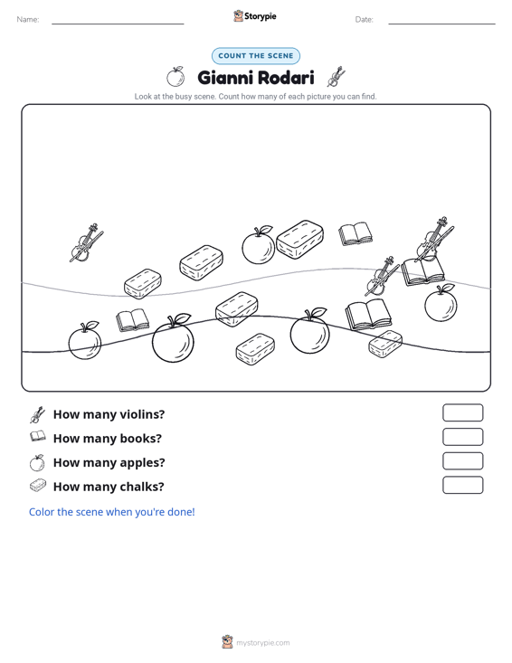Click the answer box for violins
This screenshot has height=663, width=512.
coord(462,412)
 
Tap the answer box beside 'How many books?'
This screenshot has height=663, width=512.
coord(462,437)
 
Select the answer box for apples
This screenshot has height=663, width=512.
coord(462,461)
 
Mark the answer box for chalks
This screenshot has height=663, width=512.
coord(462,485)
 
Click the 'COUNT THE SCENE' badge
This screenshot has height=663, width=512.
coord(256,56)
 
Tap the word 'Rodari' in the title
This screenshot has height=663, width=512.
coord(285,78)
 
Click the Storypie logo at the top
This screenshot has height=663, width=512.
coord(255,16)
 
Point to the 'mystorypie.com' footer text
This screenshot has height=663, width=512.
coord(262,643)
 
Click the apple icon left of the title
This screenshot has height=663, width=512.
coord(175,77)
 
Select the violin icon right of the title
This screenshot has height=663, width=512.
coord(337,77)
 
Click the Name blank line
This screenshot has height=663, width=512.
coord(118,24)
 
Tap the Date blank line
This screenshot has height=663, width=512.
coord(441,24)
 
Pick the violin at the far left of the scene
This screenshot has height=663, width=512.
coord(86,242)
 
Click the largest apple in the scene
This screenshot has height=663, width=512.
coord(173,338)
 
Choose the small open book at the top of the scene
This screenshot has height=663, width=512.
coord(356,234)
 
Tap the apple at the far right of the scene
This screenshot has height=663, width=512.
coord(441,303)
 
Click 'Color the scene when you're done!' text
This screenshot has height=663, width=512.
coord(111,512)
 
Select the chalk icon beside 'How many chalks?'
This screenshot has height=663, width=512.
coord(38,486)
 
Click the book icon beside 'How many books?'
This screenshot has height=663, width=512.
coord(38,436)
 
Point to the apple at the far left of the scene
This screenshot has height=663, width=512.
coord(85,341)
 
